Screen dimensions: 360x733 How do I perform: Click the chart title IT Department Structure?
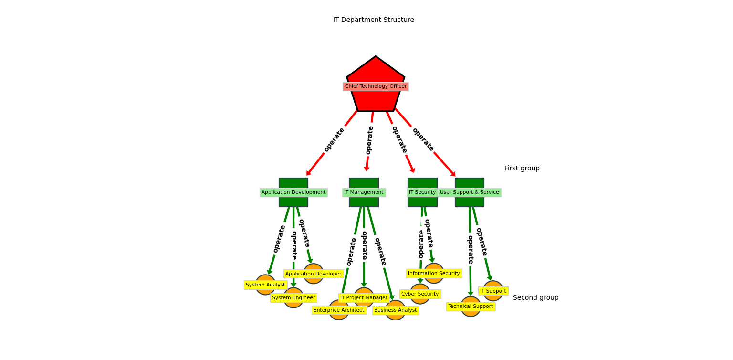[x=373, y=20]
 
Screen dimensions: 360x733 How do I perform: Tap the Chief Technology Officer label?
[x=376, y=86]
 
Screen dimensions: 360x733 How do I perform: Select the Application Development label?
[x=293, y=192]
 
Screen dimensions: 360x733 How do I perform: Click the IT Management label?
[x=364, y=192]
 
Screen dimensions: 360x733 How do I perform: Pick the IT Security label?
[x=422, y=192]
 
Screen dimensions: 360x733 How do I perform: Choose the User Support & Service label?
[x=470, y=192]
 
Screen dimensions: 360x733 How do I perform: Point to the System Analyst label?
[x=265, y=285]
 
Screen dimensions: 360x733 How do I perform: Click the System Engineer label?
[x=293, y=298]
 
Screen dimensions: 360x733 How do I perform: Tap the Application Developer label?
[x=313, y=274]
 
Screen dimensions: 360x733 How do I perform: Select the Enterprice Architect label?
[x=339, y=310]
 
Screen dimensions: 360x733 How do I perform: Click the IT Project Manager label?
[x=364, y=298]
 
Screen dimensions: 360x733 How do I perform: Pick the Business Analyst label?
[x=395, y=310]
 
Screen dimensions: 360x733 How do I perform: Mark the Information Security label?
[x=434, y=274]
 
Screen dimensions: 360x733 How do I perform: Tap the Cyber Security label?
[x=420, y=294]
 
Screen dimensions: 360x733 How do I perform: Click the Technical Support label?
[x=471, y=307]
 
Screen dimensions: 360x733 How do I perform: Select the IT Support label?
[x=493, y=291]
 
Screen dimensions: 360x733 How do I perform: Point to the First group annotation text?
[x=522, y=169]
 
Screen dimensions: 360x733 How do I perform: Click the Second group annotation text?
[x=535, y=298]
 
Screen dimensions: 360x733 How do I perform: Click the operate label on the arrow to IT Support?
[x=481, y=242]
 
